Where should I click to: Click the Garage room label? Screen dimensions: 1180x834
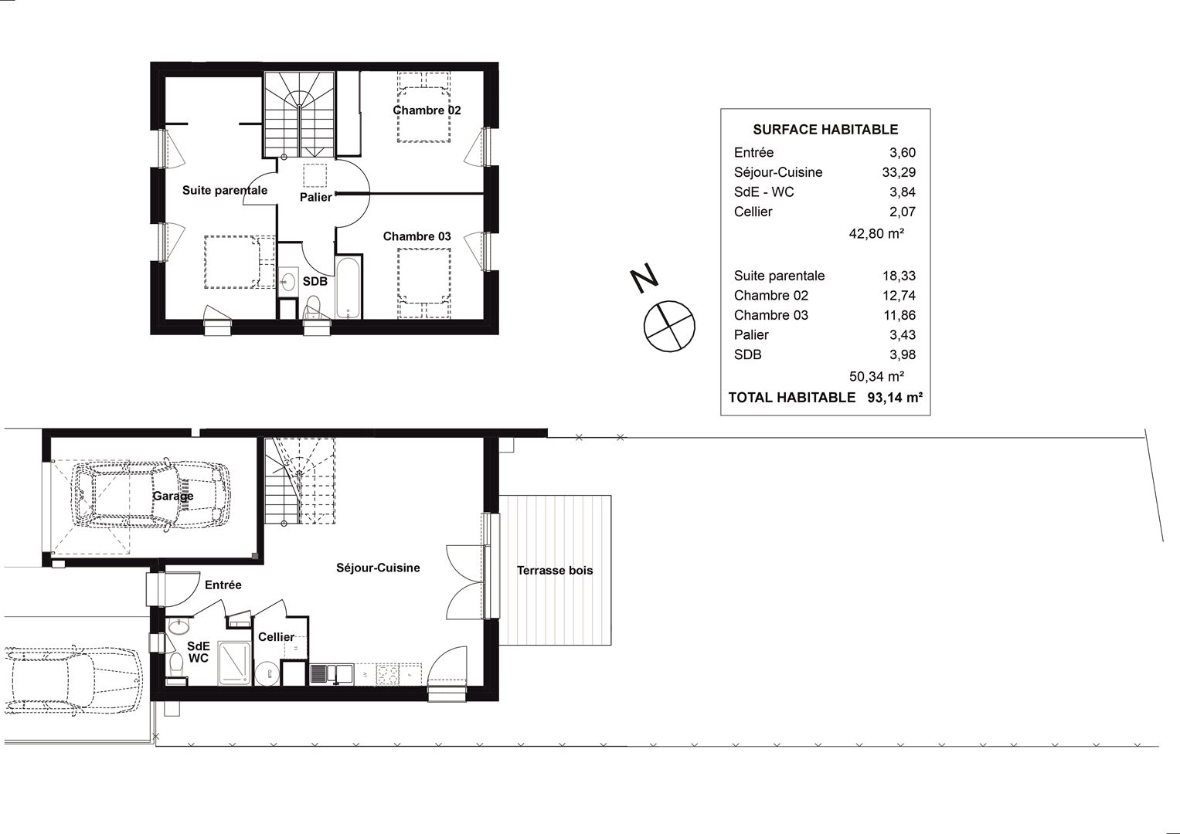(x=173, y=496)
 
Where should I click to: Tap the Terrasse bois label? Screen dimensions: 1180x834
(x=555, y=570)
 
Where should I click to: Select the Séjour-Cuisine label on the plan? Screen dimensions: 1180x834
(x=378, y=568)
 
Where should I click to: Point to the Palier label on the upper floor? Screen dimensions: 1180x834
(x=315, y=197)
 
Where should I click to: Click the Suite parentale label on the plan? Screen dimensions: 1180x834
(x=225, y=190)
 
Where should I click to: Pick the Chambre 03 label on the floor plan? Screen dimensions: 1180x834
(x=417, y=236)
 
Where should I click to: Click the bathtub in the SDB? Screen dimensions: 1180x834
(x=348, y=287)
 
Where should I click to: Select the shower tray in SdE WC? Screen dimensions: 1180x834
(x=235, y=663)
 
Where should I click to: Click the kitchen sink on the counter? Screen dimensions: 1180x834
(x=331, y=674)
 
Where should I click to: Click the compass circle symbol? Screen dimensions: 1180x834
(x=669, y=327)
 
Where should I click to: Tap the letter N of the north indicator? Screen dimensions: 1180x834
(x=644, y=278)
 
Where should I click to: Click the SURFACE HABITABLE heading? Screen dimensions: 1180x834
(x=825, y=130)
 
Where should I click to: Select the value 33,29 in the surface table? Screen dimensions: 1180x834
(x=899, y=172)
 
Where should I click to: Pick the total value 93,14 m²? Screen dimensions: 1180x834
(x=895, y=398)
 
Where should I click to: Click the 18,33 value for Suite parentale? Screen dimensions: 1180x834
(x=899, y=276)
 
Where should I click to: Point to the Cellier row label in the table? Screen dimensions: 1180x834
(x=753, y=212)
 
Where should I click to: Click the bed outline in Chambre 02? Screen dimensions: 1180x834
(x=424, y=107)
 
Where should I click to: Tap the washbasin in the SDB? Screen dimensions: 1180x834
(x=287, y=280)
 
